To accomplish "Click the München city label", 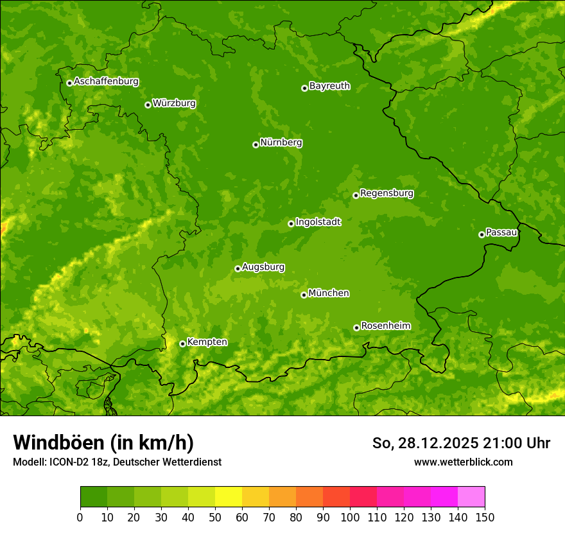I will click(329, 293).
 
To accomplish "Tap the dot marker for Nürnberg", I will click(256, 144).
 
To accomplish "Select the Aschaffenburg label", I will click(106, 82).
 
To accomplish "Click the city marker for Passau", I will click(482, 234).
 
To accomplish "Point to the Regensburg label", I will click(387, 193).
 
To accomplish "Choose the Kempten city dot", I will click(182, 344).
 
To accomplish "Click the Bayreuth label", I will click(329, 86).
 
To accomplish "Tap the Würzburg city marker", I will click(148, 105).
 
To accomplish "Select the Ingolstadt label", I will click(318, 222).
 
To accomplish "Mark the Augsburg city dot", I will click(238, 268).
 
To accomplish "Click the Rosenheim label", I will click(385, 326).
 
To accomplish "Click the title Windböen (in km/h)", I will click(103, 442).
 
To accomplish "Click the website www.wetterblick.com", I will click(463, 462).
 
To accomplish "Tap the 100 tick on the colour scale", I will click(350, 516).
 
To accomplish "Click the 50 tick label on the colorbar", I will click(215, 516).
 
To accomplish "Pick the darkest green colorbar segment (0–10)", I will click(94, 497).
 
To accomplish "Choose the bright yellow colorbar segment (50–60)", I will click(229, 497).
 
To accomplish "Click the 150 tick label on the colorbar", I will click(485, 516).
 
